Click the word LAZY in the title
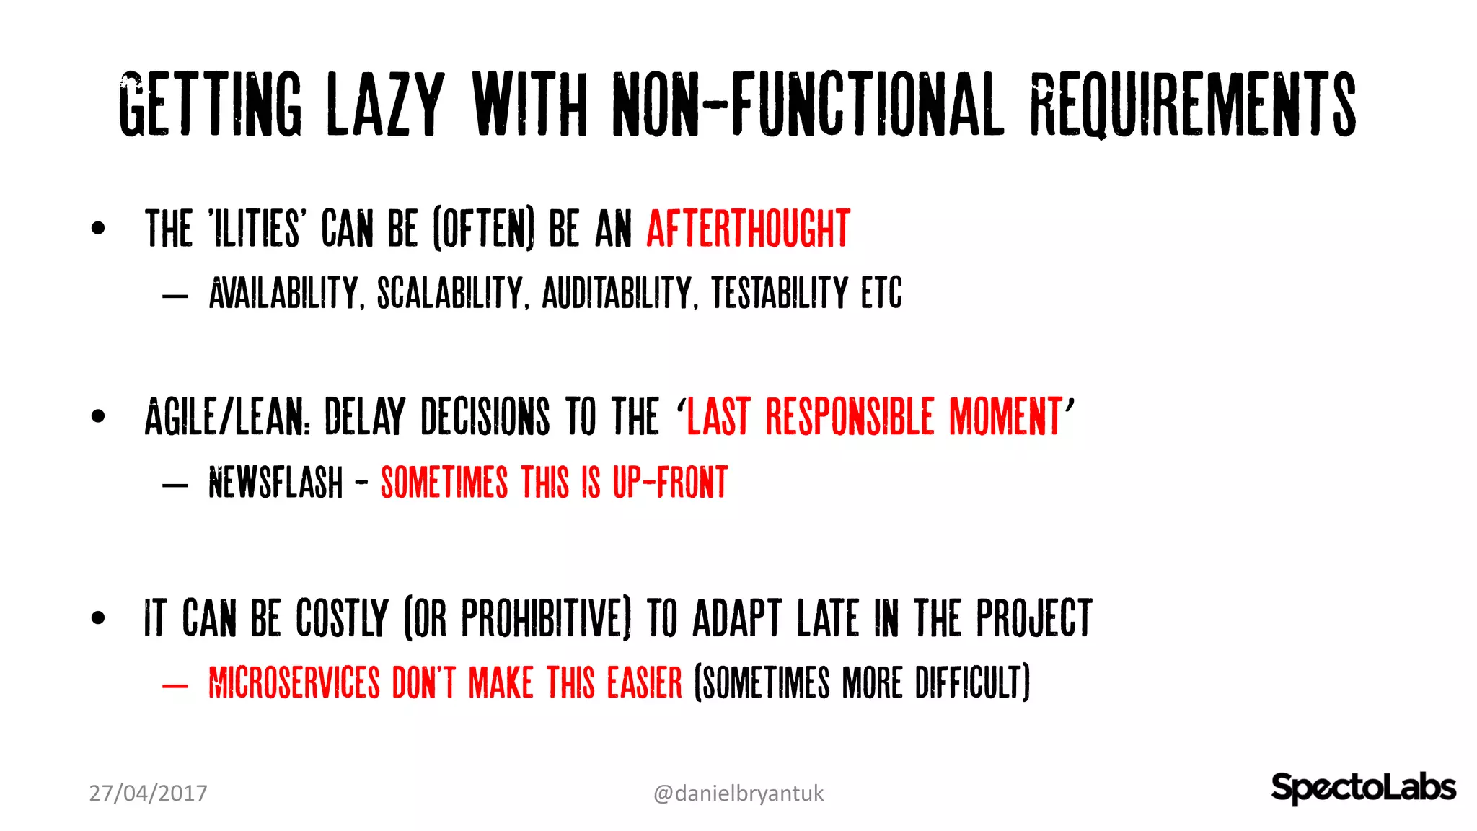pos(385,105)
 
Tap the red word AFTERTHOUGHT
pos(748,229)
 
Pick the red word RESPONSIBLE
pos(850,417)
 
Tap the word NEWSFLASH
pos(275,483)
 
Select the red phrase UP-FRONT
pos(670,483)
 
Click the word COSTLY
pos(342,618)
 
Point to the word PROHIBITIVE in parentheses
pos(542,618)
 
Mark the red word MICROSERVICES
pos(294,683)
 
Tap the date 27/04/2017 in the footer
pos(148,793)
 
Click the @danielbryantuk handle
pos(738,793)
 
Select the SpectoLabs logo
pos(1362,787)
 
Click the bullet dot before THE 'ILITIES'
pos(98,229)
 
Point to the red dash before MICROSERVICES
pos(175,685)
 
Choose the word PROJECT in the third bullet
pos(1034,618)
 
